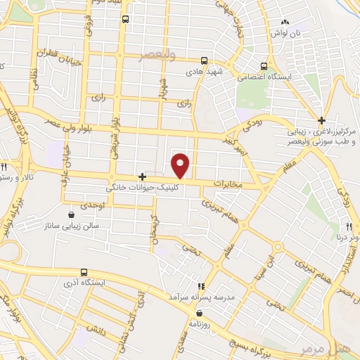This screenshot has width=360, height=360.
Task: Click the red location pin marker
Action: pyautogui.click(x=181, y=165)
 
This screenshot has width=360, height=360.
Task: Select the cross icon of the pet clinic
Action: pyautogui.click(x=143, y=176)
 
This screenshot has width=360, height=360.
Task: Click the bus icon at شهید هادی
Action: pyautogui.click(x=204, y=60)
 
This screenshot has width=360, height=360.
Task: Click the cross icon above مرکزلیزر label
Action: pyautogui.click(x=321, y=120)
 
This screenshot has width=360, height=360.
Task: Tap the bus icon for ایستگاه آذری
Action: pyautogui.click(x=84, y=272)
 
